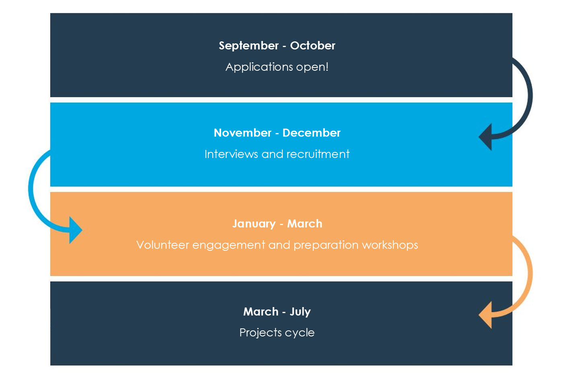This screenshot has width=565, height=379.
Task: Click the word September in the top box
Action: [249, 46]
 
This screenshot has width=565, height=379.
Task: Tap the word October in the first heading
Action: [312, 46]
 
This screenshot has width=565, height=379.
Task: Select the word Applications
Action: [259, 68]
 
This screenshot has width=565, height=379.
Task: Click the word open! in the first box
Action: [312, 68]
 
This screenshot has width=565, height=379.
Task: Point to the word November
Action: [242, 133]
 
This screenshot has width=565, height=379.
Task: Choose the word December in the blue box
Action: [312, 133]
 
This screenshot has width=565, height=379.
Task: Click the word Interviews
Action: [231, 154]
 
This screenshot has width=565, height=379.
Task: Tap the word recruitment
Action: [318, 154]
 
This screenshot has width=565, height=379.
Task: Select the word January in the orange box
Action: [254, 224]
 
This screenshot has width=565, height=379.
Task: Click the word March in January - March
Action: [305, 224]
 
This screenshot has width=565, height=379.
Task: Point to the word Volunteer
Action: [163, 245]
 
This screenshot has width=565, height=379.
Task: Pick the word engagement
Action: [229, 246]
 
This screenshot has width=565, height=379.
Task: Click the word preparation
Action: [326, 246]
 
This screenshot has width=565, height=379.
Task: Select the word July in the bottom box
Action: [300, 312]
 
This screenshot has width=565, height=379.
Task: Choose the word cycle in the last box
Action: [300, 333]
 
